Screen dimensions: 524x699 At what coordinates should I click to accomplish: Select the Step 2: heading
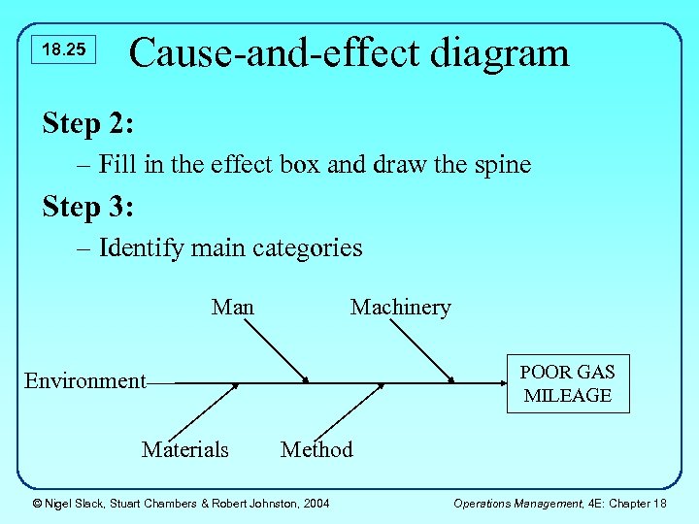[x=88, y=123]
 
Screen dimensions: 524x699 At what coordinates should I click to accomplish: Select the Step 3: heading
[x=88, y=207]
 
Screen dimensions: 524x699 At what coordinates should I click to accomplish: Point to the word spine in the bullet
[x=497, y=165]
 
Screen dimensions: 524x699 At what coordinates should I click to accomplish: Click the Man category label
[x=233, y=308]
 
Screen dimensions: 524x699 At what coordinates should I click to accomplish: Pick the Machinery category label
[x=400, y=308]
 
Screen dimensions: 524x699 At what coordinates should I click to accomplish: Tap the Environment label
[x=84, y=381]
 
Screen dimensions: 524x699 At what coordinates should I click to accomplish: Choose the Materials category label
[x=185, y=449]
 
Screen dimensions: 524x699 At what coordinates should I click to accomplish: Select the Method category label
[x=316, y=449]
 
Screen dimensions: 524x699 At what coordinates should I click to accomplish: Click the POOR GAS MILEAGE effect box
[x=567, y=384]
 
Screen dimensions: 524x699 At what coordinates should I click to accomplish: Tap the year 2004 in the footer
[x=315, y=503]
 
